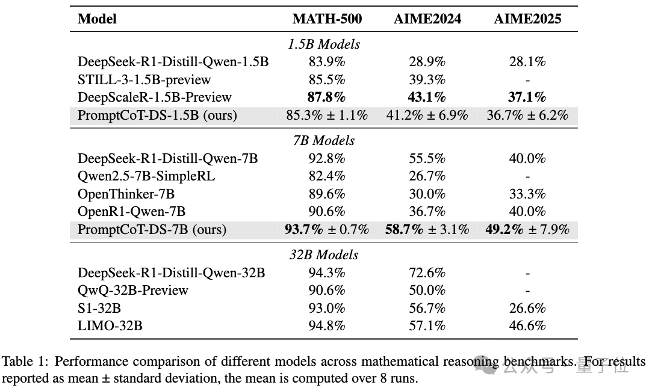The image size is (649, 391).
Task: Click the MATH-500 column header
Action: [x=327, y=19]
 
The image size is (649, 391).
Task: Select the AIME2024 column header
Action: [x=427, y=19]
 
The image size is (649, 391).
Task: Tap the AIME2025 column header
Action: [x=527, y=19]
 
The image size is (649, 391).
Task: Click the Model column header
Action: [x=97, y=19]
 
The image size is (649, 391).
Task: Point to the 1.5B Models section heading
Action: [x=324, y=44]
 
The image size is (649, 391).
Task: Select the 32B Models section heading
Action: [x=324, y=254]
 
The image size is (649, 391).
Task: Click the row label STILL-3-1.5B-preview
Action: [x=144, y=79]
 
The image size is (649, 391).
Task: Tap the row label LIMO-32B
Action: [x=110, y=326]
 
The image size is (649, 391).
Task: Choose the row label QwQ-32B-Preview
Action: [x=133, y=290]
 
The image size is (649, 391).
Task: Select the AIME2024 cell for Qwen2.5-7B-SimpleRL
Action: [x=427, y=176]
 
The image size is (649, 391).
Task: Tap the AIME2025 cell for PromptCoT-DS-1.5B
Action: [x=527, y=115]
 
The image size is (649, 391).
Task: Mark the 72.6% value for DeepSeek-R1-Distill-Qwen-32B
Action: [x=427, y=272]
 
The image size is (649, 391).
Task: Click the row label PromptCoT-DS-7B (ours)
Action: [x=152, y=229]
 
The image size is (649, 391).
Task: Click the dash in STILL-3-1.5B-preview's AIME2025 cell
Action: [x=527, y=79]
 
